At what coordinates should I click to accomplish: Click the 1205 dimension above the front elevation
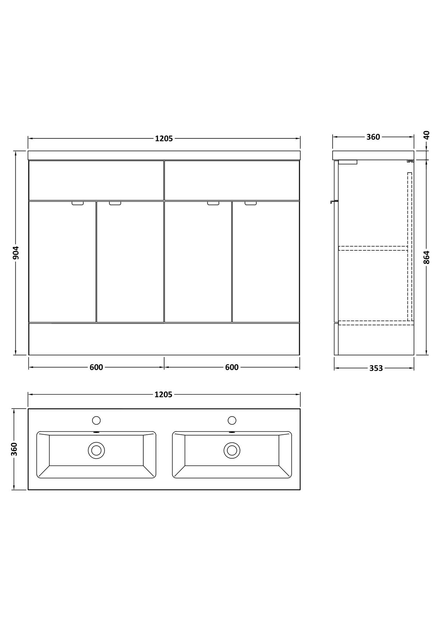pyautogui.click(x=164, y=138)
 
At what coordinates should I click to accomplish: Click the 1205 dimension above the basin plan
pyautogui.click(x=163, y=395)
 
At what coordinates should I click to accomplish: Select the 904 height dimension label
pyautogui.click(x=16, y=253)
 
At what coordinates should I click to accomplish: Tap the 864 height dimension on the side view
pyautogui.click(x=427, y=258)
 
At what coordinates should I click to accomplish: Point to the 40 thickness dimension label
pyautogui.click(x=427, y=135)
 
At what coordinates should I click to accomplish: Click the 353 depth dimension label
pyautogui.click(x=376, y=368)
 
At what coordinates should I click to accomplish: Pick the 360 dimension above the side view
pyautogui.click(x=373, y=137)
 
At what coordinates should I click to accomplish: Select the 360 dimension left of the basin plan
pyautogui.click(x=14, y=449)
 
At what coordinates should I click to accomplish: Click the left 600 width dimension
pyautogui.click(x=97, y=367)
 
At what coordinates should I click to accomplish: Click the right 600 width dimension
pyautogui.click(x=232, y=367)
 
